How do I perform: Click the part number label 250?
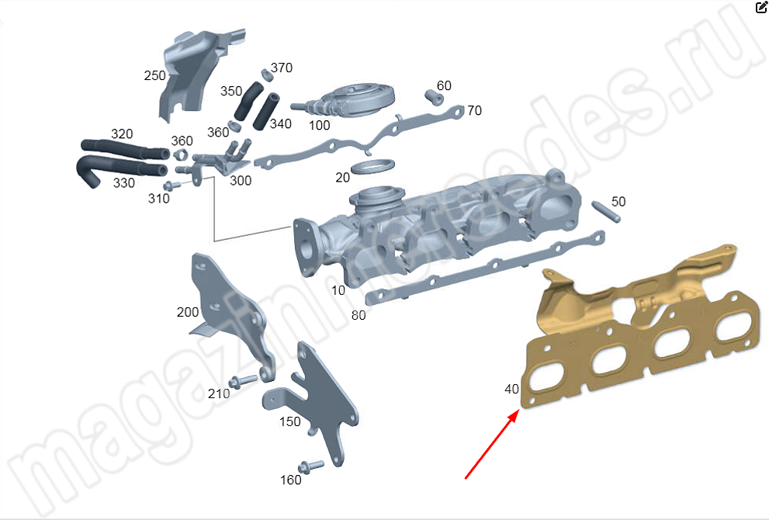pyautogui.click(x=154, y=75)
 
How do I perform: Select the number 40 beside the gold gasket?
pyautogui.click(x=511, y=389)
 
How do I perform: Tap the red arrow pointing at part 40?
pyautogui.click(x=492, y=445)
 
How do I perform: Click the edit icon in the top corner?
pyautogui.click(x=761, y=7)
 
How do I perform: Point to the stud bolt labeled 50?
pyautogui.click(x=606, y=212)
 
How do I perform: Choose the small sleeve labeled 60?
pyautogui.click(x=434, y=97)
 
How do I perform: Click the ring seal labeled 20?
pyautogui.click(x=372, y=166)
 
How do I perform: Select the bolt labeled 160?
pyautogui.click(x=311, y=466)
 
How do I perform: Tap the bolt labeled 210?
pyautogui.click(x=243, y=380)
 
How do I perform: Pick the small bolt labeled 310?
pyautogui.click(x=171, y=186)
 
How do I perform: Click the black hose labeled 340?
pyautogui.click(x=266, y=111)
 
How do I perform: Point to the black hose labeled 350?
pyautogui.click(x=248, y=102)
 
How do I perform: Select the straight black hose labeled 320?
pyautogui.click(x=125, y=150)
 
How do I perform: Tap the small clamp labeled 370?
pyautogui.click(x=267, y=75)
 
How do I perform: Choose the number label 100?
pyautogui.click(x=319, y=126)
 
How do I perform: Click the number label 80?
pyautogui.click(x=359, y=315)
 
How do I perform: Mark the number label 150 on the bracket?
pyautogui.click(x=290, y=422)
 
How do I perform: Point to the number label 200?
pyautogui.click(x=188, y=313)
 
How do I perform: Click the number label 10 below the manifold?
pyautogui.click(x=338, y=291)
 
